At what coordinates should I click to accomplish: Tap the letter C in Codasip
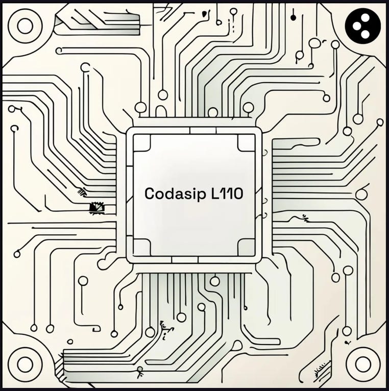coord(150,194)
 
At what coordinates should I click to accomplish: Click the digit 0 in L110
coord(237,194)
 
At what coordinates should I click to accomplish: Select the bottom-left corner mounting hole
coord(25,364)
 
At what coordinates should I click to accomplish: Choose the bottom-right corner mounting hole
coord(363,364)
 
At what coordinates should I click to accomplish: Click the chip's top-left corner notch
coord(141,143)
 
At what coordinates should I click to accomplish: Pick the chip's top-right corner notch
coord(247,143)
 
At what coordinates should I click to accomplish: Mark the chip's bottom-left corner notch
coord(141,247)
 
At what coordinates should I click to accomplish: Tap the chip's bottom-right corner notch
coord(247,247)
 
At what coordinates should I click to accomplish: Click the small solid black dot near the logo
coord(293,17)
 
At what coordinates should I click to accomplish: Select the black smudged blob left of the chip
coord(96,208)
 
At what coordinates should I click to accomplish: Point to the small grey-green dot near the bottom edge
coord(140,369)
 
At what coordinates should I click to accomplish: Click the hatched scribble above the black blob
coord(82,192)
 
